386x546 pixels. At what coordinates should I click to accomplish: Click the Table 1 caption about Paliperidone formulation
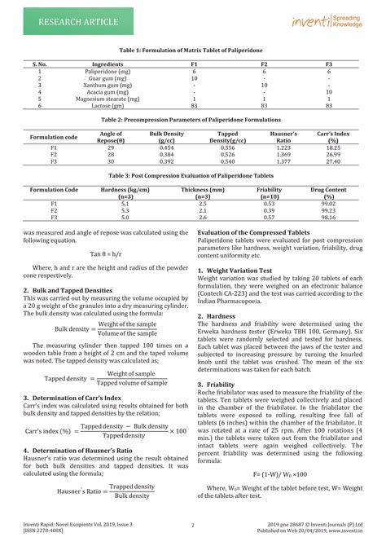[x=193, y=51]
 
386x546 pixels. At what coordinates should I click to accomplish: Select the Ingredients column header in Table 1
[x=107, y=64]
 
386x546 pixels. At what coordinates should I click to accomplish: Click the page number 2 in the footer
[x=192, y=525]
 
